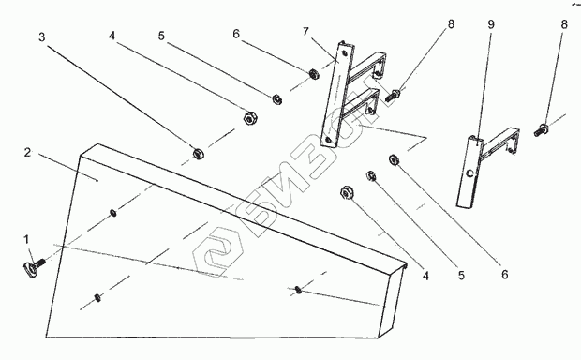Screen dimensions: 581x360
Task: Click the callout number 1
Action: [x=26, y=239]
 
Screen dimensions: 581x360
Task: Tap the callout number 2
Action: [x=27, y=153]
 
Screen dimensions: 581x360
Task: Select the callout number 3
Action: [x=42, y=37]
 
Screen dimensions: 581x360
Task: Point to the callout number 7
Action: [x=305, y=32]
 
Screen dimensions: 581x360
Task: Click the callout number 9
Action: [x=491, y=24]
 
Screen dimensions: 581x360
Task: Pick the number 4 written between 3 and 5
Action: [x=112, y=36]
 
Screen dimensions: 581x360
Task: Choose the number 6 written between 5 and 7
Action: [x=236, y=34]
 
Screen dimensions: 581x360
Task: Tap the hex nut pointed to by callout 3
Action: [x=199, y=153]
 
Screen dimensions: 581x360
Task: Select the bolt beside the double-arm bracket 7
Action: [x=392, y=96]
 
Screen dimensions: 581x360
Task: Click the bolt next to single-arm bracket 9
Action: [x=541, y=130]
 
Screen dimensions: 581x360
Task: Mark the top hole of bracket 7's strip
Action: [x=345, y=53]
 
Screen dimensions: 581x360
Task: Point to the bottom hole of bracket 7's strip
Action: [x=328, y=140]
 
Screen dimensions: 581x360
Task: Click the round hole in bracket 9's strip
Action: [x=470, y=172]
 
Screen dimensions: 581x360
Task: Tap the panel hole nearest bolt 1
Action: [x=113, y=213]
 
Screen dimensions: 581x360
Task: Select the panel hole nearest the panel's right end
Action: [x=298, y=290]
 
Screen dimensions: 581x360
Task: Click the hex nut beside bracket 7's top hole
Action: [x=314, y=74]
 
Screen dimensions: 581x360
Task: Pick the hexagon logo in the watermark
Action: [x=217, y=251]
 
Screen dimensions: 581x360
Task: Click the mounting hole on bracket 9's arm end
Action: [x=512, y=150]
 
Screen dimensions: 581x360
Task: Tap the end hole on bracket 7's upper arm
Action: [x=378, y=73]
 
